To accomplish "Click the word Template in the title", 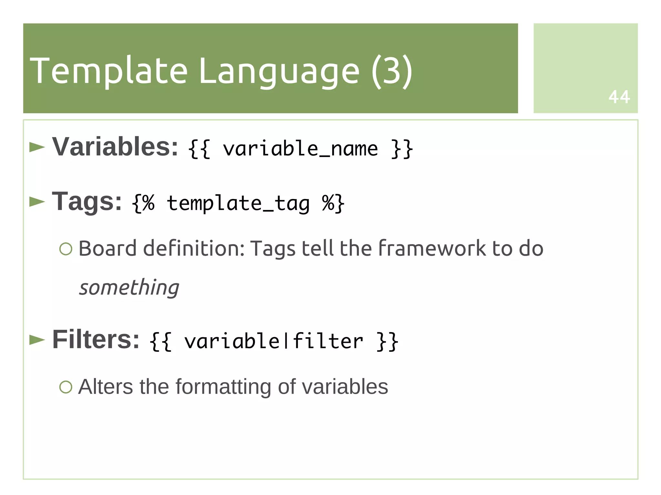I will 108,70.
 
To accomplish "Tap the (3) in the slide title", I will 392,70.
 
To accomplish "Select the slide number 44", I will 619,97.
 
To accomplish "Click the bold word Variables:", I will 115,147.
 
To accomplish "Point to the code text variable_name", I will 300,149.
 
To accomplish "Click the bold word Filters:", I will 96,339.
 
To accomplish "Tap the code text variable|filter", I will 274,342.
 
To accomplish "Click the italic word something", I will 129,288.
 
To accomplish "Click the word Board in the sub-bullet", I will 107,248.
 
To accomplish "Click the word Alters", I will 106,386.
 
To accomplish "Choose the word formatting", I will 223,387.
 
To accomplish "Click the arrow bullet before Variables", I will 37,147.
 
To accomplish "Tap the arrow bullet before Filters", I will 37,340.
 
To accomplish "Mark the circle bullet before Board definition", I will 66,249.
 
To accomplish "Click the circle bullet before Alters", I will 66,387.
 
